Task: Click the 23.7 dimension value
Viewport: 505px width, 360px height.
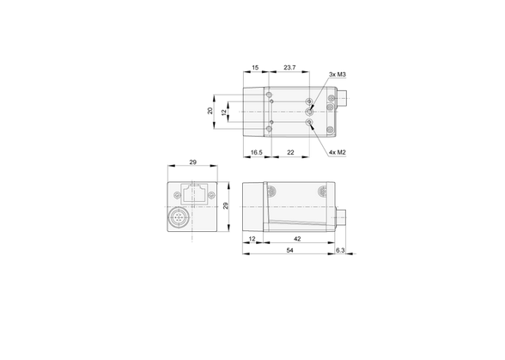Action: coord(289,68)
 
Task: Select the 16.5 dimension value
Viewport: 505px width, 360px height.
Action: coord(256,152)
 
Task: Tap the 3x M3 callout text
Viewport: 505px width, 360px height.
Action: coord(338,75)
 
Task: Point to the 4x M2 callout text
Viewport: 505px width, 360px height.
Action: coord(338,152)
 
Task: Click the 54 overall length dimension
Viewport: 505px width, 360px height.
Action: coord(290,250)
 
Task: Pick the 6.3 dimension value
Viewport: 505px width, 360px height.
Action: coord(340,250)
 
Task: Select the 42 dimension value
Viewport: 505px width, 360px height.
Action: coord(297,239)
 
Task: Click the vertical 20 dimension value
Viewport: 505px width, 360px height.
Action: coord(210,111)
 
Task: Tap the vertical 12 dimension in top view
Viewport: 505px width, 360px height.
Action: coord(224,113)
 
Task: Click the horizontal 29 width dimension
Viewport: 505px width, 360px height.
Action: coord(192,162)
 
